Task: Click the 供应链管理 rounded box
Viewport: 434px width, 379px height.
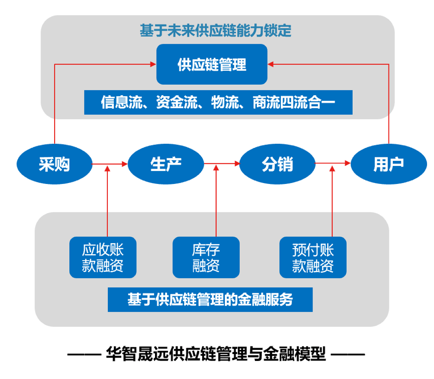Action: coord(212,64)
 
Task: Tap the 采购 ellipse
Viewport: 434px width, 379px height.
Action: coord(54,164)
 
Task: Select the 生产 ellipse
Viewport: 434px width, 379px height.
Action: coord(166,164)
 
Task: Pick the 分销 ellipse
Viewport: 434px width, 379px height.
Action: coord(277,164)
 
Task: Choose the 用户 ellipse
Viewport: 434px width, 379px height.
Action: coord(389,164)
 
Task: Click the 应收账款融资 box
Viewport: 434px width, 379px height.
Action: coord(103,257)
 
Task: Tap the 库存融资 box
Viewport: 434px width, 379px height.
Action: coord(206,257)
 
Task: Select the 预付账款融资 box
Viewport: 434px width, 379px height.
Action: coord(313,257)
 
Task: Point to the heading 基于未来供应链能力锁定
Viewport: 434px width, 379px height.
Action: coord(215,30)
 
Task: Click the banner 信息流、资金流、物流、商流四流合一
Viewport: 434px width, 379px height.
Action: coord(218,102)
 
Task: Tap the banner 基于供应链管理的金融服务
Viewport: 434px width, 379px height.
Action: coord(210,300)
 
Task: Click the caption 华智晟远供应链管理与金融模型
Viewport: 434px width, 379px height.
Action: coord(216,354)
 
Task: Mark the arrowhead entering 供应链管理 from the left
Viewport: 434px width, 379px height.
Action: coord(153,64)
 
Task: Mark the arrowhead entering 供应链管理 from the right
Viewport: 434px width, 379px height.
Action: coord(271,64)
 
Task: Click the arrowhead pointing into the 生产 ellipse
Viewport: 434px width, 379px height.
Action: coord(124,164)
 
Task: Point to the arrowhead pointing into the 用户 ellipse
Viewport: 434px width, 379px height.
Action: coord(348,163)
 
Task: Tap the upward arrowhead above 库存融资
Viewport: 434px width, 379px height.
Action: coord(216,167)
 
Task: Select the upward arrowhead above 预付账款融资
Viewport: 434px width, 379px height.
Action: coord(332,168)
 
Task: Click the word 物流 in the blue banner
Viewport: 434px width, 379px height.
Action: coord(225,102)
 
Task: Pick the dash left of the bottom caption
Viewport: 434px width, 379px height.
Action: coord(84,354)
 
